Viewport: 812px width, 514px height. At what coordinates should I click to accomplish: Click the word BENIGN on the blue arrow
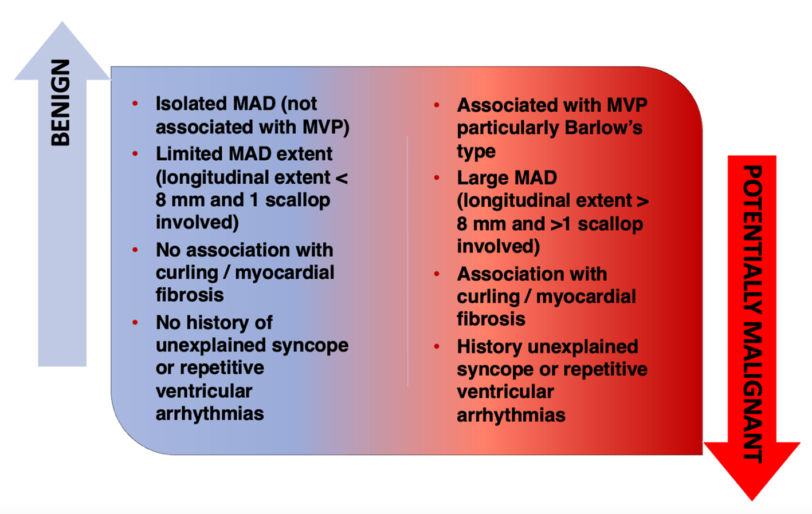point(60,103)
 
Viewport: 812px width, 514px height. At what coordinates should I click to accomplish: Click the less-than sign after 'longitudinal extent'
point(342,178)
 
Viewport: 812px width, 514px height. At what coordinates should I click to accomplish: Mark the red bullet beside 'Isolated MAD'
point(135,104)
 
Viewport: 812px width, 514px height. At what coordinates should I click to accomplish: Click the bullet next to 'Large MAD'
point(437,178)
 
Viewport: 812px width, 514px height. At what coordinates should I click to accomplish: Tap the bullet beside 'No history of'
point(135,323)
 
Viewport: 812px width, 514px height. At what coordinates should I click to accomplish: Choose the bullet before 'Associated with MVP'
point(437,105)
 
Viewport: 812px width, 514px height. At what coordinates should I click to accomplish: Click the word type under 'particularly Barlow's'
point(476,152)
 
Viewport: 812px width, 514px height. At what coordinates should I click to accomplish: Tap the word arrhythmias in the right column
point(511,416)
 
